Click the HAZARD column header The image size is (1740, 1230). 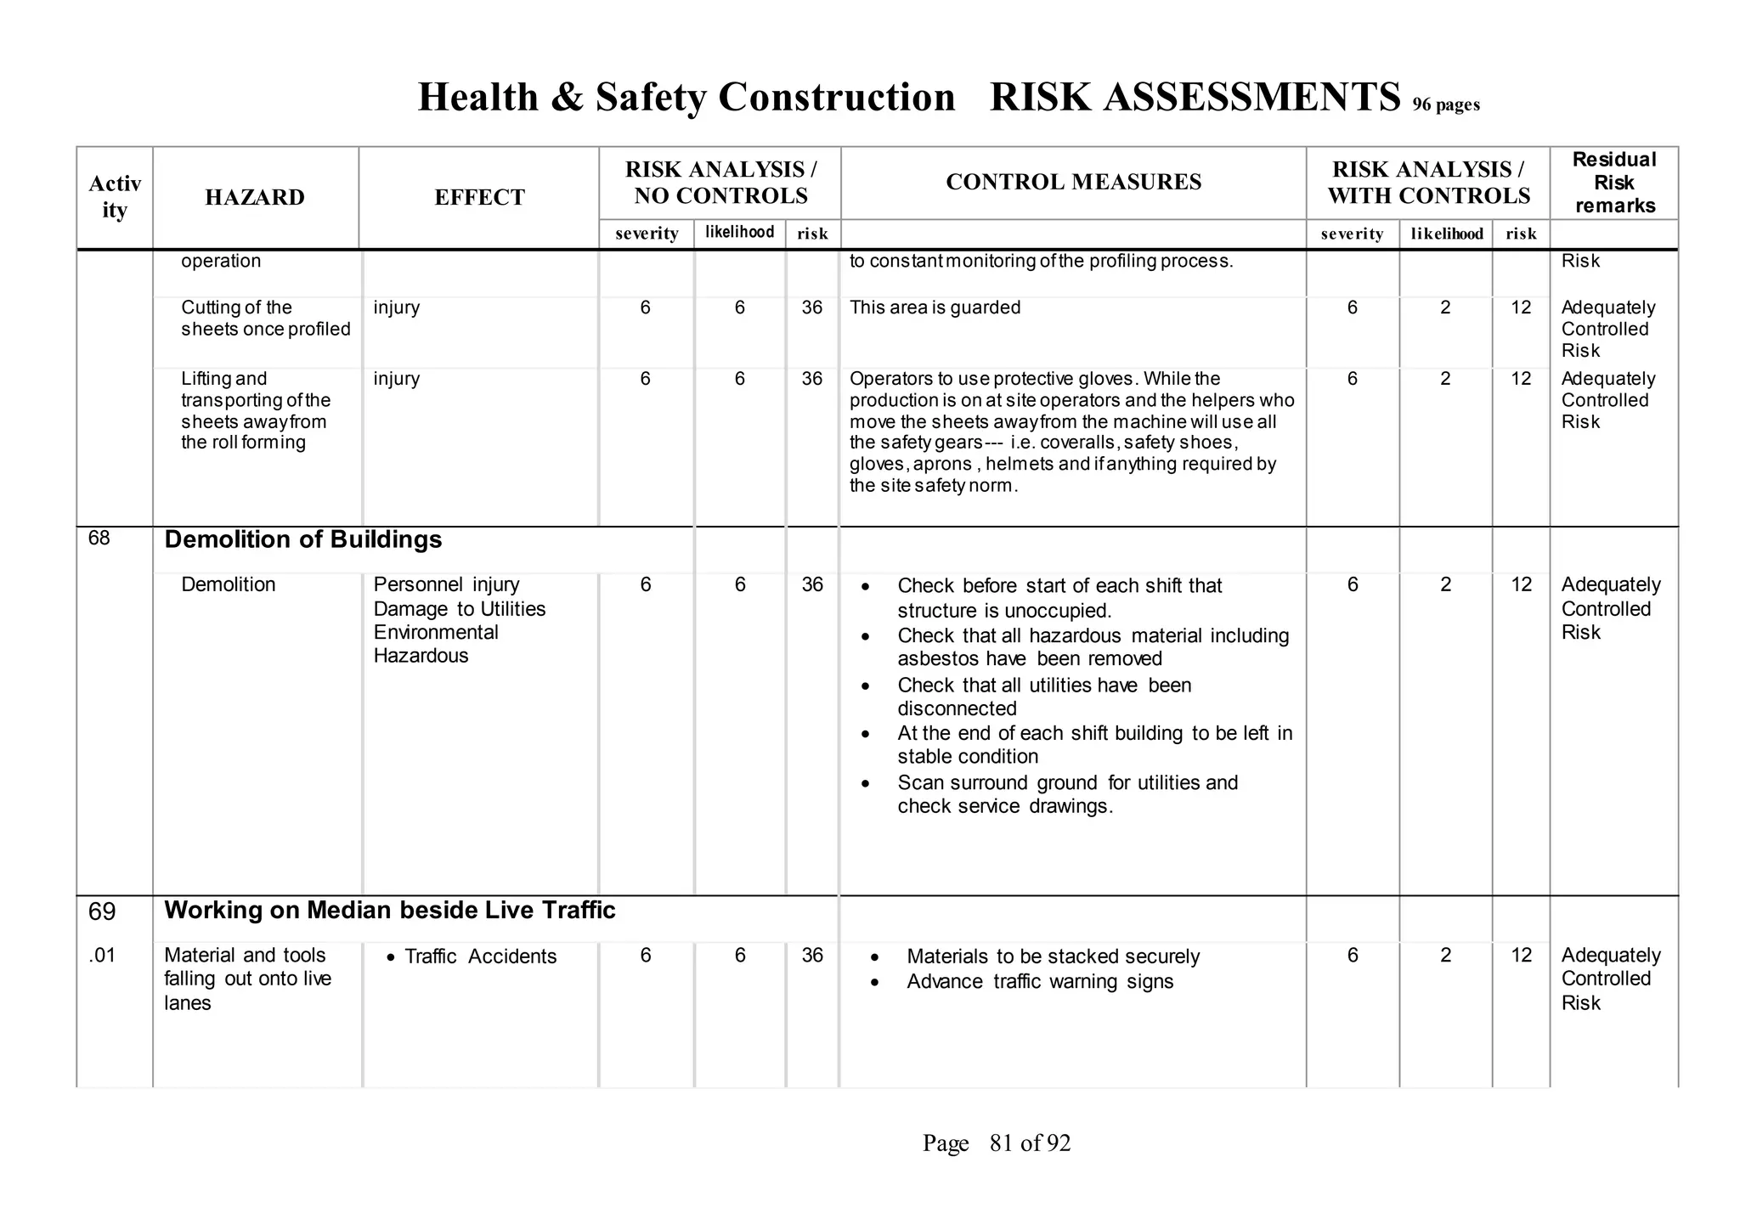tap(255, 197)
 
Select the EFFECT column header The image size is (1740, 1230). tap(479, 197)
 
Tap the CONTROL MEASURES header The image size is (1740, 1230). tap(1073, 182)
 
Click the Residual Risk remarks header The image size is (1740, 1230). tap(1613, 183)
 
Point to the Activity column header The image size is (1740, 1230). tap(115, 197)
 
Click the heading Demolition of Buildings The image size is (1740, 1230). tap(303, 539)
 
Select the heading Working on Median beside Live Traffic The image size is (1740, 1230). tap(389, 911)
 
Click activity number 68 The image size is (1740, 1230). tap(99, 539)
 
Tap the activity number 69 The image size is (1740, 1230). tap(102, 912)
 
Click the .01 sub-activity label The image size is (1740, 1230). tap(101, 956)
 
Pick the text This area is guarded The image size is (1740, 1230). tap(935, 307)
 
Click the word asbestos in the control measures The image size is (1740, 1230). tap(938, 659)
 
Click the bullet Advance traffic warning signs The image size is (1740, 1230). tap(1040, 982)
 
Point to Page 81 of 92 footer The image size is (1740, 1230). tap(997, 1143)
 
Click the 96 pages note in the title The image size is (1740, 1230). tap(1446, 105)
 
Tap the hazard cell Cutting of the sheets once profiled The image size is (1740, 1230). tap(265, 319)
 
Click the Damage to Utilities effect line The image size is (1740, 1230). tap(459, 609)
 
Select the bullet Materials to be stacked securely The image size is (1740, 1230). tap(1053, 956)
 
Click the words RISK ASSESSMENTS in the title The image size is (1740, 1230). tap(1195, 97)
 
